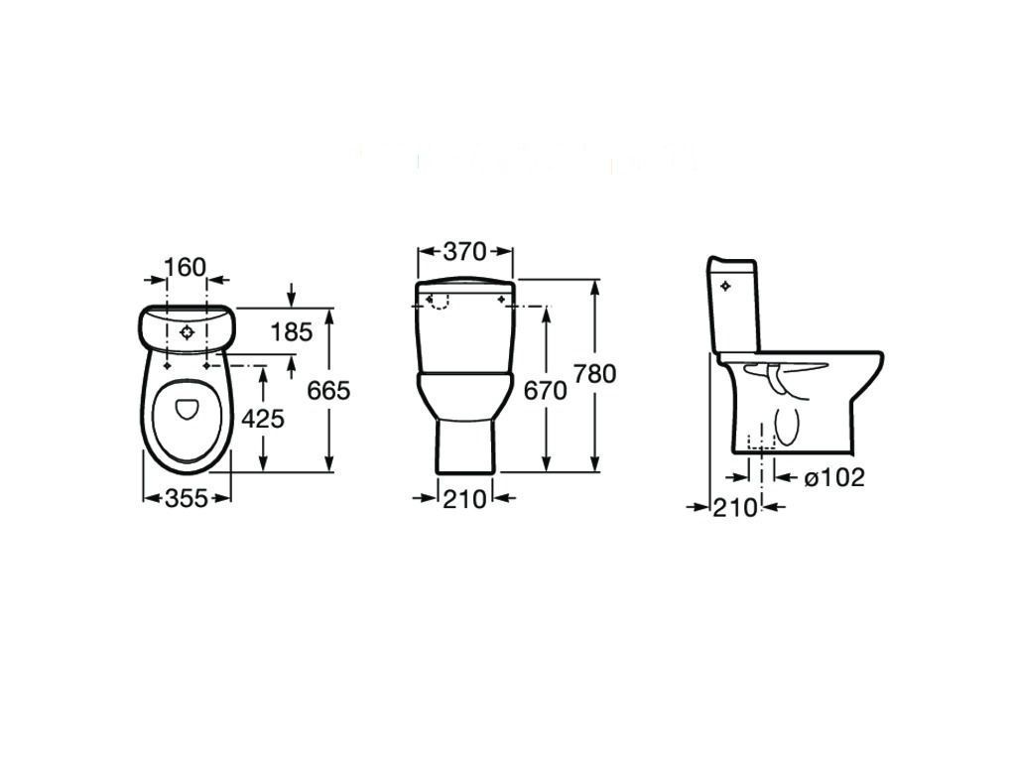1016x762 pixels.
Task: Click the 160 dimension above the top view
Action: point(185,267)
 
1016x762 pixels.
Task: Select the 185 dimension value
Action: point(291,332)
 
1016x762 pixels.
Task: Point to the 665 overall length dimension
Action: point(328,391)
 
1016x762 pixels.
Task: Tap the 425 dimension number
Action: point(263,420)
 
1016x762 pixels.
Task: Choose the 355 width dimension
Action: point(187,498)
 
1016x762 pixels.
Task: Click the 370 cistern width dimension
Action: point(464,251)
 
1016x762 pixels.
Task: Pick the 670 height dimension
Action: point(545,391)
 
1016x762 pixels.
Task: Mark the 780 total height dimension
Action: point(595,374)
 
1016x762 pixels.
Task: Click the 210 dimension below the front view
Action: point(464,499)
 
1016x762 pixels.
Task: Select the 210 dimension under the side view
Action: point(735,508)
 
